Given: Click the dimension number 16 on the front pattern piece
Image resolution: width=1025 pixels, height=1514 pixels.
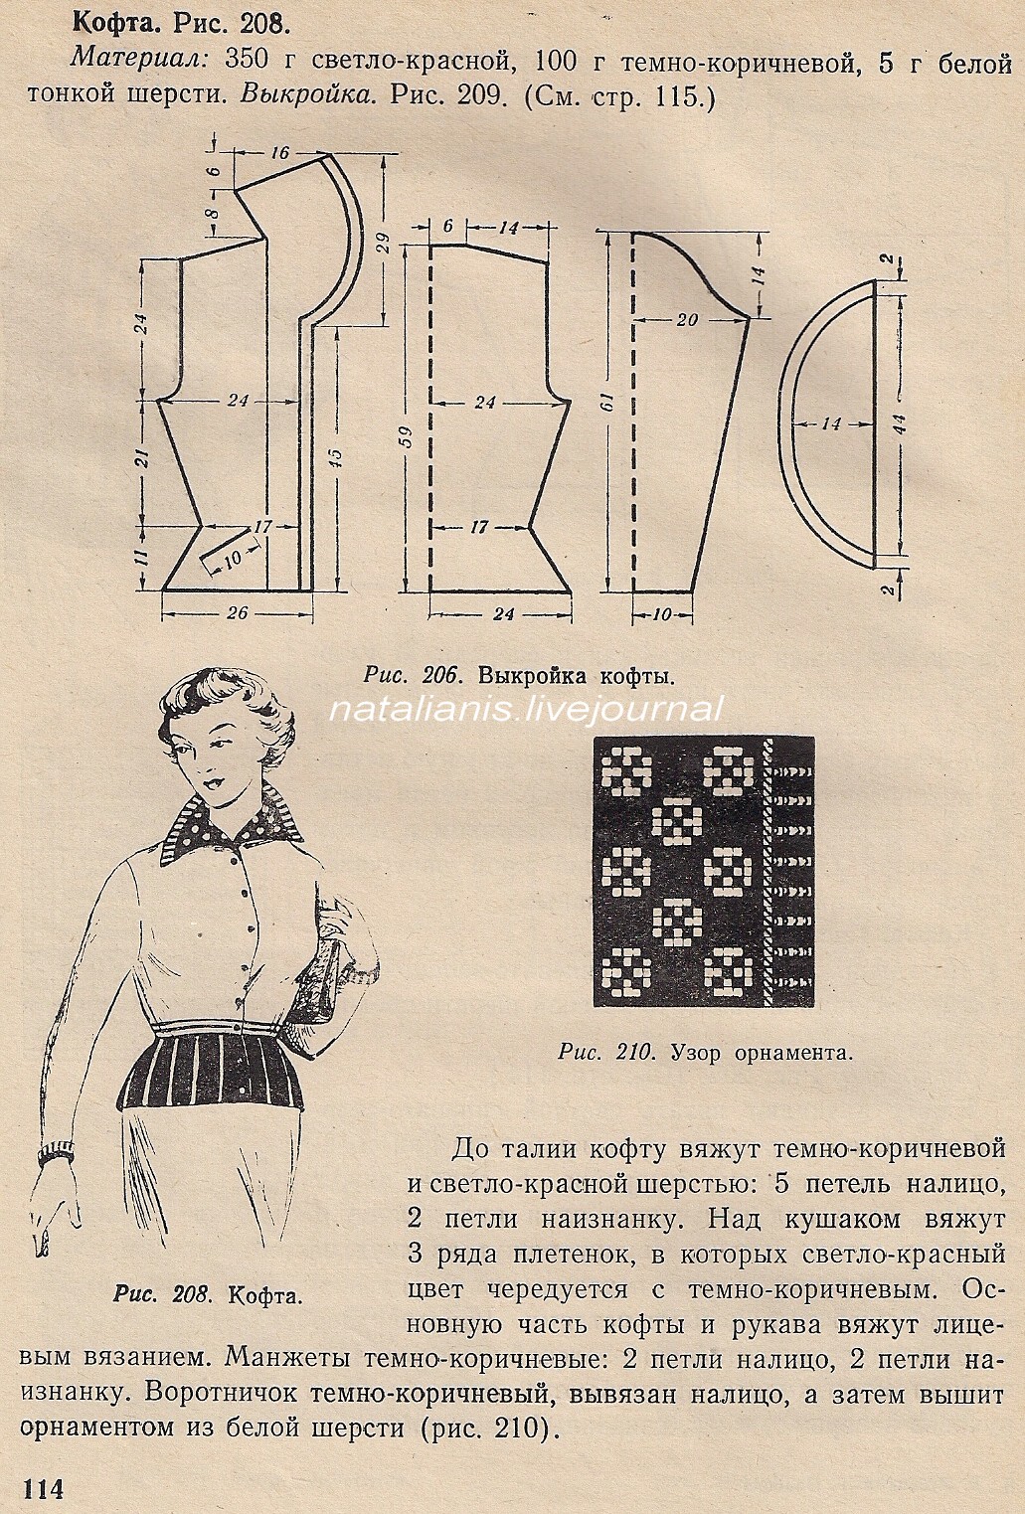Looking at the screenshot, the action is tap(278, 152).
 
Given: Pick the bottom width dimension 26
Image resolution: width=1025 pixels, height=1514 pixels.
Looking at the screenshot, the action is tap(237, 612).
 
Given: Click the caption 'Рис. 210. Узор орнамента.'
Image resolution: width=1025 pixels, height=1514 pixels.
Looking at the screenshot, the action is tap(706, 1052).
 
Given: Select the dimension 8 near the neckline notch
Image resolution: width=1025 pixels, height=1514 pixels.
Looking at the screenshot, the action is tap(211, 214).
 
